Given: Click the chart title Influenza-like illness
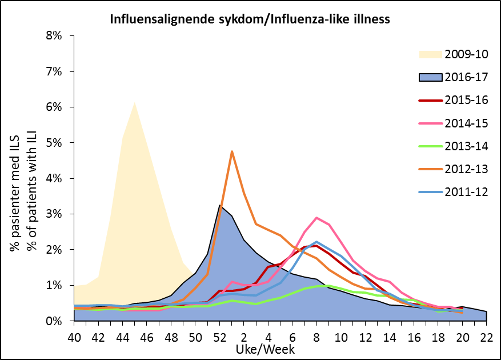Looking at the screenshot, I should point(250,19).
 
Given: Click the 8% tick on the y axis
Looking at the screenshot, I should point(58,36).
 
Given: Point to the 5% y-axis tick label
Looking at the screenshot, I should point(58,143).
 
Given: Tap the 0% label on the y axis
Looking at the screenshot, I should point(58,321).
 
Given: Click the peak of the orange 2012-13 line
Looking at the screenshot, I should point(232,151).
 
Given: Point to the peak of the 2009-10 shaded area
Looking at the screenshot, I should point(135,102).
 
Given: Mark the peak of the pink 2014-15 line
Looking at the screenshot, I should point(316,218).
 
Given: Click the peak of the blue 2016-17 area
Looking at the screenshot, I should point(220,205).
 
